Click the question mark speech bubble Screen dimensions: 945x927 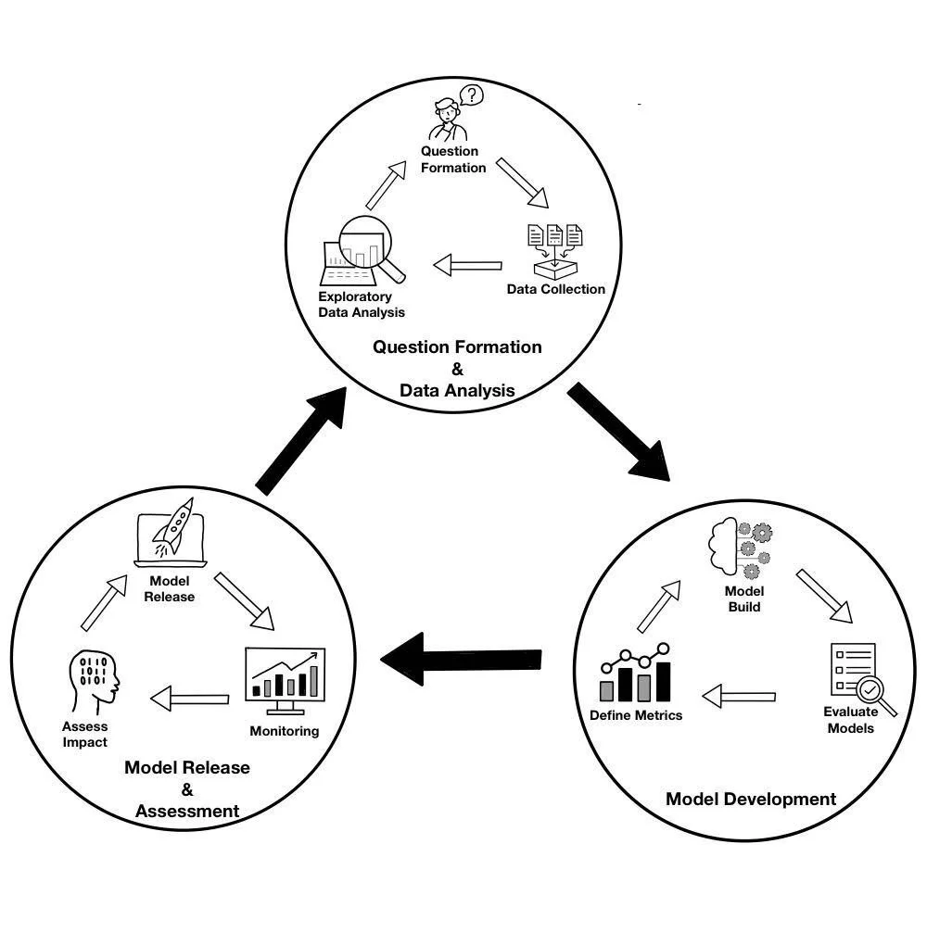click(472, 95)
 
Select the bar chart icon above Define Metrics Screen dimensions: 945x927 click(636, 673)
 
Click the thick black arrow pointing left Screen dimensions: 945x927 click(461, 660)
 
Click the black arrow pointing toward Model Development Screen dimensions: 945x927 click(618, 433)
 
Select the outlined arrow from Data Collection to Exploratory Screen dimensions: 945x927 click(467, 266)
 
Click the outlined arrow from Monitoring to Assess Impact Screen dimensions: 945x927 click(189, 698)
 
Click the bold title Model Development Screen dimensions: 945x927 click(751, 799)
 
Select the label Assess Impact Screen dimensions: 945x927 click(85, 734)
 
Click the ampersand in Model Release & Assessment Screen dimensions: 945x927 click(187, 789)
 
